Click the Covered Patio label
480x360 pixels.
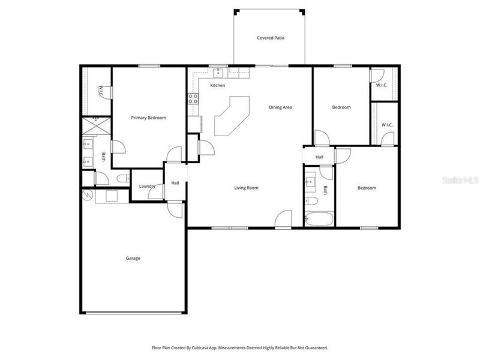pos(271,38)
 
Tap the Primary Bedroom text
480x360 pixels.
pos(148,118)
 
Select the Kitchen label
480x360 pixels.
pos(217,86)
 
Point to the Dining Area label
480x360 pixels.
pos(280,107)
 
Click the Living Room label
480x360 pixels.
pos(246,188)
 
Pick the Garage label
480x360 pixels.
pos(133,258)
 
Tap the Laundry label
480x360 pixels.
pos(147,187)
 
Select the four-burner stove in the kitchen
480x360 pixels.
pos(193,98)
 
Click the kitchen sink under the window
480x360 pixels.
pos(218,73)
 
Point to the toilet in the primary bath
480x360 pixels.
pos(122,178)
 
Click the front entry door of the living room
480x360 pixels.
pos(283,220)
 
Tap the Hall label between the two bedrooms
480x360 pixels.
pos(319,157)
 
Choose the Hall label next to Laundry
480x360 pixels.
pos(175,183)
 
